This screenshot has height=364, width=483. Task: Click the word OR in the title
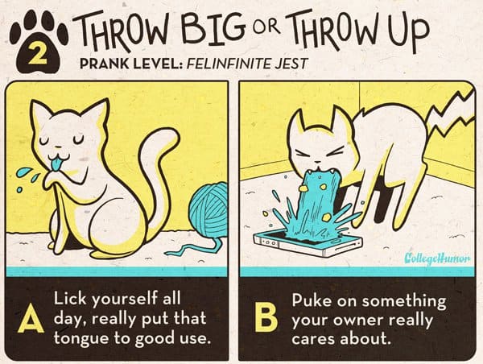pyautogui.click(x=266, y=27)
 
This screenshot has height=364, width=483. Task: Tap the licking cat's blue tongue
pyautogui.click(x=57, y=164)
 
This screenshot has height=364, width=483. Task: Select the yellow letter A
pyautogui.click(x=31, y=318)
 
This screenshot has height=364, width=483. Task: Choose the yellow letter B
pyautogui.click(x=266, y=317)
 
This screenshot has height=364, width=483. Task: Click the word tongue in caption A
pyautogui.click(x=81, y=338)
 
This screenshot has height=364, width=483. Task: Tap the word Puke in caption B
pyautogui.click(x=312, y=300)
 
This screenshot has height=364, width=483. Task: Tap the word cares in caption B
pyautogui.click(x=313, y=338)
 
